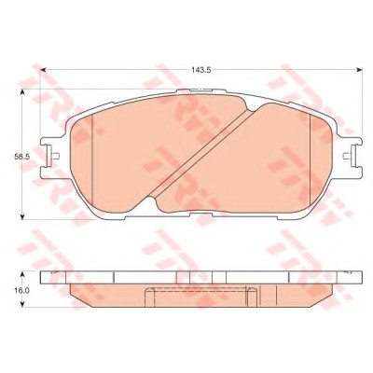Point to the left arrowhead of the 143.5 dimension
point(43,70)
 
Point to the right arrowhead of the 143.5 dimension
point(360,70)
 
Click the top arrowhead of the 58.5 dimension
point(22,92)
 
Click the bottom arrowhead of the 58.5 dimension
point(22,216)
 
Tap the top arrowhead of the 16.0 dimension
point(22,274)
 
